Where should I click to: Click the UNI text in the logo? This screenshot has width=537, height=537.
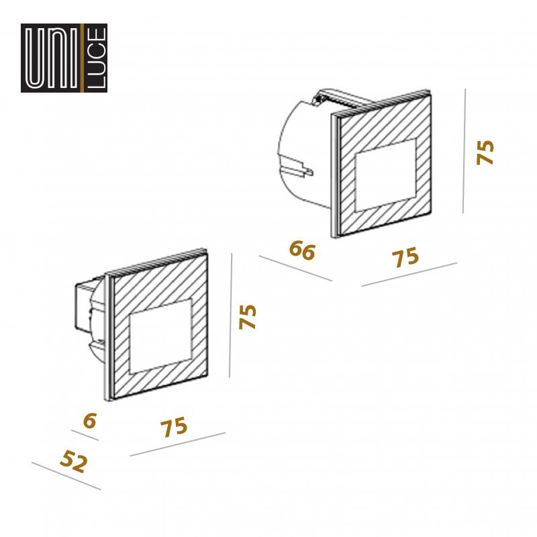click(52, 58)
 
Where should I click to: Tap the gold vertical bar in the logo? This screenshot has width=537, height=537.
click(82, 58)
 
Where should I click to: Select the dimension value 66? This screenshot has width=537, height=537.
click(302, 250)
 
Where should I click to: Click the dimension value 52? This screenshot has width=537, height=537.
click(74, 461)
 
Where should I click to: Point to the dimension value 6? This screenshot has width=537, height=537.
click(90, 420)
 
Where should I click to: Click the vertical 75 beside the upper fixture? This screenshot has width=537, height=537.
click(485, 153)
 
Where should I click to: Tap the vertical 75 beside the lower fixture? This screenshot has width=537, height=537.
click(247, 317)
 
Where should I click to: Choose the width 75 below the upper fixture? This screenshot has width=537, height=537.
click(405, 257)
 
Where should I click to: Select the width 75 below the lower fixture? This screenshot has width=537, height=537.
click(174, 427)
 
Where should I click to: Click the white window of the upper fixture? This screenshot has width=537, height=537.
click(385, 175)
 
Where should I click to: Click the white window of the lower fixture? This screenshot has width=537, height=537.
click(160, 336)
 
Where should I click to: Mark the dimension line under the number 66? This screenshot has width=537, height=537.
click(295, 268)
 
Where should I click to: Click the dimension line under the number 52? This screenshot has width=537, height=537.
click(66, 476)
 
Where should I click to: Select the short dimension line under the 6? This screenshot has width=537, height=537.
click(85, 435)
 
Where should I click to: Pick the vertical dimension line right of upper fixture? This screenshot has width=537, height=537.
click(464, 150)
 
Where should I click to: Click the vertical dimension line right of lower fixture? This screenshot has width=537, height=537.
click(230, 315)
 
